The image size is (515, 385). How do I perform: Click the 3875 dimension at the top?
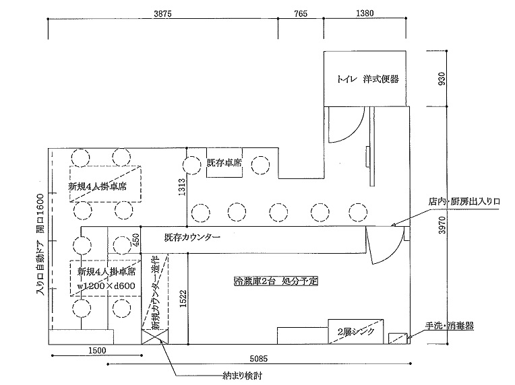pyautogui.click(x=163, y=13)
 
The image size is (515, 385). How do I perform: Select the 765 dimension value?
pyautogui.click(x=301, y=13)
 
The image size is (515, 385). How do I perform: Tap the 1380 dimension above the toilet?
pyautogui.click(x=365, y=13)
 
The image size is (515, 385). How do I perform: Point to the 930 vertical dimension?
pyautogui.click(x=442, y=79)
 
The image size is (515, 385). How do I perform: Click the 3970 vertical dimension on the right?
pyautogui.click(x=442, y=225)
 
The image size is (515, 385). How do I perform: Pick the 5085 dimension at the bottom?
pyautogui.click(x=258, y=359)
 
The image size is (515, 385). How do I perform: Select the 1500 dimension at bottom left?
pyautogui.click(x=97, y=350)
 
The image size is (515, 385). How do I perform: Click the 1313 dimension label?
pyautogui.click(x=182, y=187)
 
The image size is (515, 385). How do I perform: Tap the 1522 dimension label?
pyautogui.click(x=183, y=298)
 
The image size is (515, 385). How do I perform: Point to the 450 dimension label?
pyautogui.click(x=135, y=240)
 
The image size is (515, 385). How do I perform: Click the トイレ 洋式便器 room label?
pyautogui.click(x=367, y=79)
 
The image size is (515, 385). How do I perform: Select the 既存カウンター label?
pyautogui.click(x=192, y=237)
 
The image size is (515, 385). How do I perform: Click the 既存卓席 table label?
pyautogui.click(x=224, y=162)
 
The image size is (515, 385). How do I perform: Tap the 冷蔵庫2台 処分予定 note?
pyautogui.click(x=276, y=281)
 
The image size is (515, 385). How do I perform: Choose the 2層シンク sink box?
pyautogui.click(x=356, y=331)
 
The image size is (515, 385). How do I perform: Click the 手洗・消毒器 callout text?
pyautogui.click(x=450, y=326)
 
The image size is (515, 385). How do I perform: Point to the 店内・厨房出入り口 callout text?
pyautogui.click(x=464, y=201)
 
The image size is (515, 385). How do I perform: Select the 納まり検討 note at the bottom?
pyautogui.click(x=243, y=376)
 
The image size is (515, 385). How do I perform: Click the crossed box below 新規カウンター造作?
pyautogui.click(x=154, y=337)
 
